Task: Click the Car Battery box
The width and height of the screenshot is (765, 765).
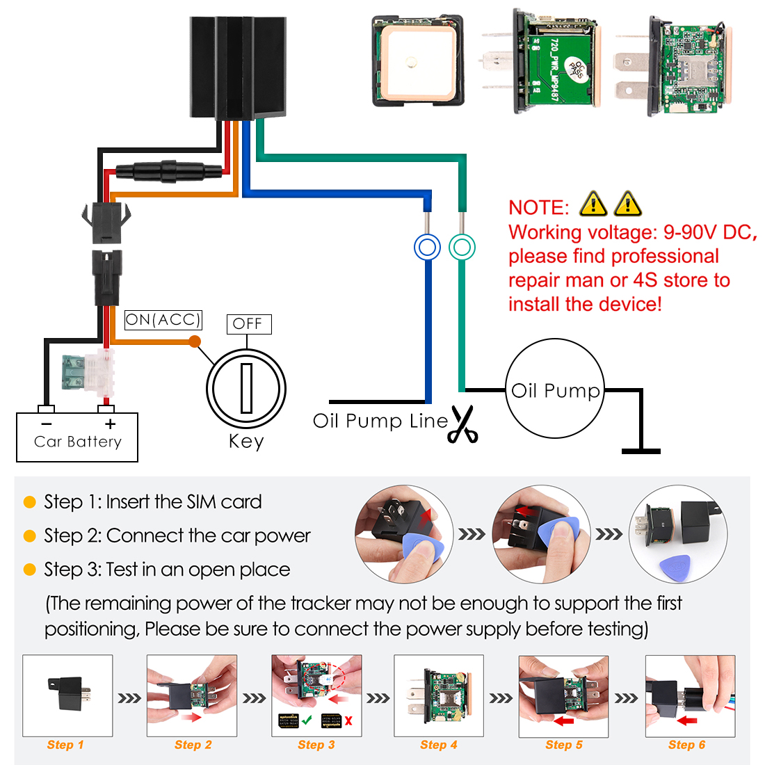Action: click(77, 437)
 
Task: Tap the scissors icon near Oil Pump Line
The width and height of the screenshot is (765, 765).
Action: click(463, 424)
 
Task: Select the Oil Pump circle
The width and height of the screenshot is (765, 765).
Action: click(555, 389)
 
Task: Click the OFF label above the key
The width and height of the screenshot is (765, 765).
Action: click(248, 324)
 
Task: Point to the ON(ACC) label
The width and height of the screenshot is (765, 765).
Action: click(163, 320)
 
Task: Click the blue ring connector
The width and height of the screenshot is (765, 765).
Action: click(427, 248)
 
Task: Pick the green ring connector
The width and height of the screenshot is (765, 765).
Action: click(462, 247)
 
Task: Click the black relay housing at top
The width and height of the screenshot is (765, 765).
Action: click(237, 67)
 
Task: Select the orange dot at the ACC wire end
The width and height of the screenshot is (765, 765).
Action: click(195, 341)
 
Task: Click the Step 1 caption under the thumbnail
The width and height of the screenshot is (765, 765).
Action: click(65, 745)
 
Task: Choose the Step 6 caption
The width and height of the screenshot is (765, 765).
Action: click(686, 745)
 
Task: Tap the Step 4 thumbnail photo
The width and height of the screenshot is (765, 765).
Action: click(438, 695)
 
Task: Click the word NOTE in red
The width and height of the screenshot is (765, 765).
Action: click(538, 207)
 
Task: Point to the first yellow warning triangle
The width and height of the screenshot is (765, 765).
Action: click(593, 204)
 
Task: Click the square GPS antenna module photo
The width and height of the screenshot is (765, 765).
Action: click(417, 61)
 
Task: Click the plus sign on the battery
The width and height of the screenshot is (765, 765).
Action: click(110, 424)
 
